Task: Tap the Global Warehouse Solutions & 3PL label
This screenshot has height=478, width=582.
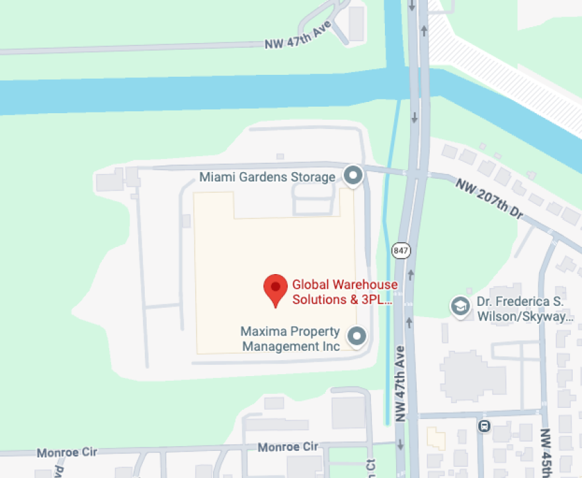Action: coord(345,292)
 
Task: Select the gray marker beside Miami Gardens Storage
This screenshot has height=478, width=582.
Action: coord(354,175)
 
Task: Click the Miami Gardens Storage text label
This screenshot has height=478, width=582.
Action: coord(267,177)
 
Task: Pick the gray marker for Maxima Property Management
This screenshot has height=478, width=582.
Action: coord(358,336)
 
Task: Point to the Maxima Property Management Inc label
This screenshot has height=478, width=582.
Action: coord(290,338)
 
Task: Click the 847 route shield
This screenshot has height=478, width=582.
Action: coord(400,251)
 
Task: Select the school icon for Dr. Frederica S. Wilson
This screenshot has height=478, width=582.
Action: coord(459,305)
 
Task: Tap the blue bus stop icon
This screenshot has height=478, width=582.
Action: coord(485,425)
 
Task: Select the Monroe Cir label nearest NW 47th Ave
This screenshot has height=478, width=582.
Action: coord(288,447)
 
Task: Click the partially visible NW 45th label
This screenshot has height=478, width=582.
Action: coord(546,454)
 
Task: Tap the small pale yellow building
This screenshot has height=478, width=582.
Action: coord(436,438)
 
